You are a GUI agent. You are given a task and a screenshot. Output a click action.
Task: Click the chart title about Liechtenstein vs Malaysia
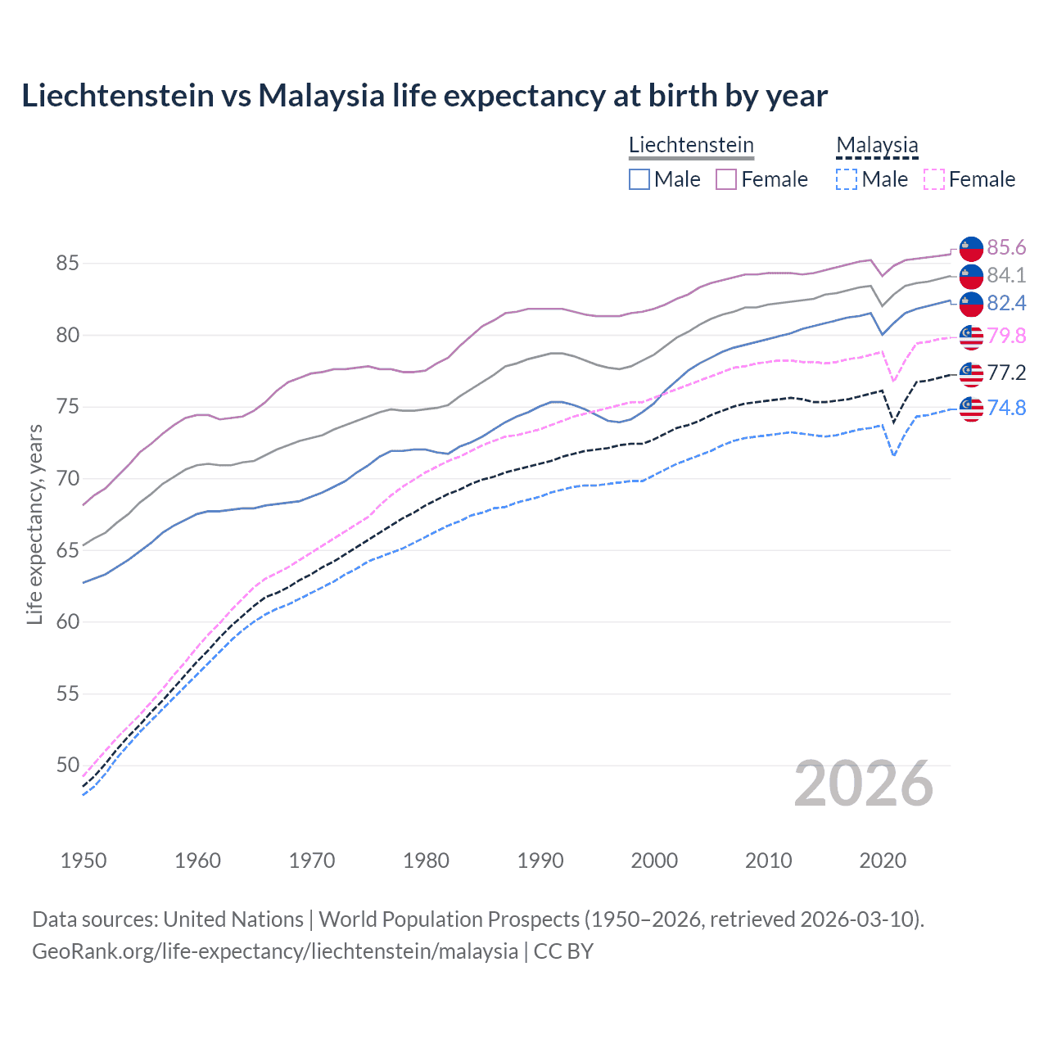coord(424,96)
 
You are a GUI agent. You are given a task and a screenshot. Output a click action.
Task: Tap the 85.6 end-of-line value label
coord(1006,247)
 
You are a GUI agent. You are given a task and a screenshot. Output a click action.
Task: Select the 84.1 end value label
coord(1006,275)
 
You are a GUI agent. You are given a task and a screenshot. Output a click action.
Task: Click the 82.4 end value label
coord(1006,303)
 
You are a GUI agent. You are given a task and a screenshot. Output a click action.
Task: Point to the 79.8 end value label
coord(1006,336)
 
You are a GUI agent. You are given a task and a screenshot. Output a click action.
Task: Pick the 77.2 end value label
coord(1006,373)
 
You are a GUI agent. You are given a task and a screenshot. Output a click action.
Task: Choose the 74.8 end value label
coord(1006,407)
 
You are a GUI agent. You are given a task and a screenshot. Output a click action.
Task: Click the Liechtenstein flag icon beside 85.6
coord(971,247)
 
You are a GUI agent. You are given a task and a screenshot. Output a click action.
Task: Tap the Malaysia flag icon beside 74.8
coord(971,408)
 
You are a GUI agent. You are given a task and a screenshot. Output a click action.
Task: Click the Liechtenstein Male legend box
coord(639,179)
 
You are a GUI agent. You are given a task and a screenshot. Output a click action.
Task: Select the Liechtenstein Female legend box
coord(726,179)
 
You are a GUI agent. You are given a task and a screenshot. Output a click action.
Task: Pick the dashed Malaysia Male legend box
coord(847,179)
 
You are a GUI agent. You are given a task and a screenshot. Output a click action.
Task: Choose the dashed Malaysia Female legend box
coord(934,179)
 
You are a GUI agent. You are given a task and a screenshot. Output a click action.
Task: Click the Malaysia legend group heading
coord(877,145)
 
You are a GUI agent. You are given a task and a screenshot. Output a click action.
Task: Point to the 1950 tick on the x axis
coord(84,861)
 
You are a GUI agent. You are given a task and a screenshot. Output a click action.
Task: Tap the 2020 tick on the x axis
coord(883,861)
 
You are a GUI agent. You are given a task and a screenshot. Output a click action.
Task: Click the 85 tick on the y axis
coord(67,264)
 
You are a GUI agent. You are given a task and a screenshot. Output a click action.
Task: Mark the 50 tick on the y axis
coord(67,765)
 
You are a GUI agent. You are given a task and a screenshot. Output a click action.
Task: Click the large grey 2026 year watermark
coord(863,784)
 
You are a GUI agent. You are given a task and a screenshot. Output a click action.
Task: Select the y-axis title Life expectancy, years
coord(34,524)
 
